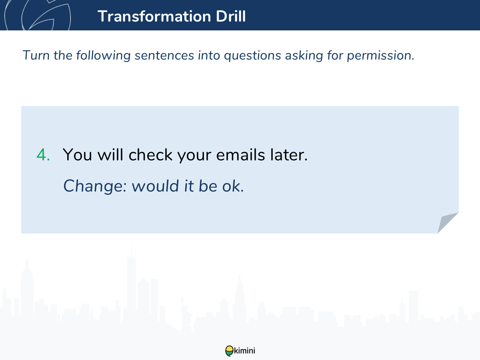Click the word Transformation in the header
click(x=154, y=16)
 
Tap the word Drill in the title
click(x=231, y=16)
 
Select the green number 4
click(x=43, y=155)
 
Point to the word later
click(x=289, y=155)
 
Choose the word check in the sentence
click(x=150, y=155)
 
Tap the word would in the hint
click(x=155, y=186)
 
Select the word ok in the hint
click(x=233, y=186)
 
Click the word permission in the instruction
click(x=380, y=56)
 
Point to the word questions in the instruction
click(x=252, y=56)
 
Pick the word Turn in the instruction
click(x=36, y=55)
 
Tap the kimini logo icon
click(x=229, y=351)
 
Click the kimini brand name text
click(x=244, y=351)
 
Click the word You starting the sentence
click(x=77, y=155)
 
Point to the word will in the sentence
click(x=110, y=155)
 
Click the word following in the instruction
click(x=103, y=56)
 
